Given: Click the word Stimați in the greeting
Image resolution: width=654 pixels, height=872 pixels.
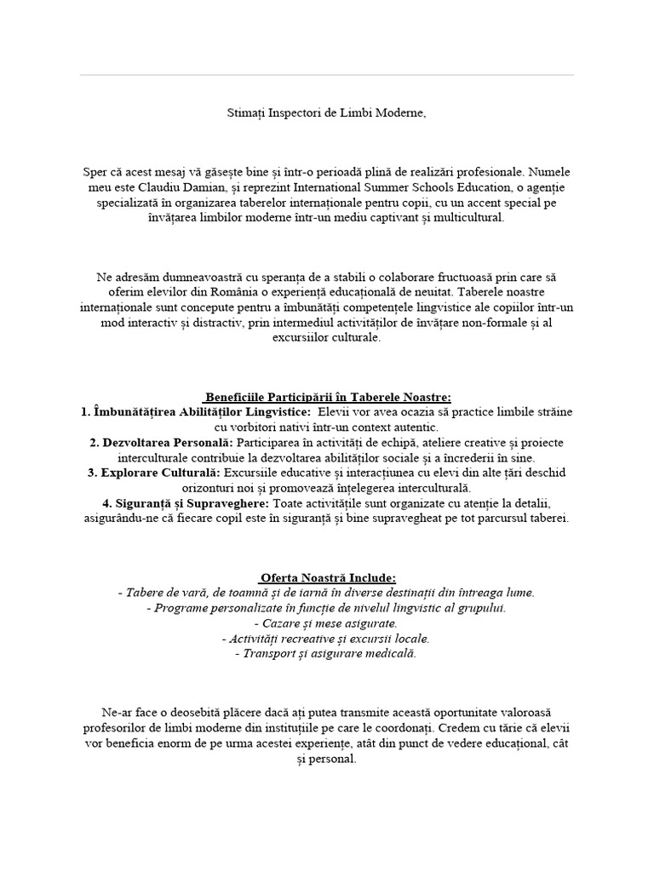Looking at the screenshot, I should point(245,112).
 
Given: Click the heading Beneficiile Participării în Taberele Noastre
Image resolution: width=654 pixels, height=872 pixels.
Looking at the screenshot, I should point(327,396).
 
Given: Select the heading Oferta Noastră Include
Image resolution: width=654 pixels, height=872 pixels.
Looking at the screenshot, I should point(327,577).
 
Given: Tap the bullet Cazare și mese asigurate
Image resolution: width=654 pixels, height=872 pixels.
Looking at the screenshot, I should point(326,623).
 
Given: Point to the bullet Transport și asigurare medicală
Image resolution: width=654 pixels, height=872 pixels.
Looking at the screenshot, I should point(326,653).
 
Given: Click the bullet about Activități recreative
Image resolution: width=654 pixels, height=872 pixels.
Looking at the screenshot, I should point(326,639).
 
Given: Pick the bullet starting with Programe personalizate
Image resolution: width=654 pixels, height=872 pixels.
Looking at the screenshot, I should point(326,608).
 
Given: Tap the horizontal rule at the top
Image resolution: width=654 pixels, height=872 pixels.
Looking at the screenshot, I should point(327,75).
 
